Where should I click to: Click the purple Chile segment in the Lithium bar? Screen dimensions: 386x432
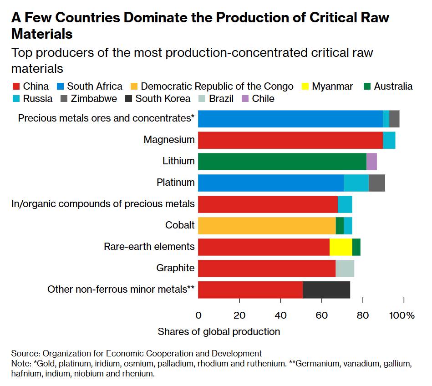371,162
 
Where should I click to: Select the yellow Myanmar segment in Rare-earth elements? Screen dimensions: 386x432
341,247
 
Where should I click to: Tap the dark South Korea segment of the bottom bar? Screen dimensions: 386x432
326,290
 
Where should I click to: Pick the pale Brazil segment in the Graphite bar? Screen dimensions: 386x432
345,269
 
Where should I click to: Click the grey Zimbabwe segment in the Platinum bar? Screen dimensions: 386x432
377,183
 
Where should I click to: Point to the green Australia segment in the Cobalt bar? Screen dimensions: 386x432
340,226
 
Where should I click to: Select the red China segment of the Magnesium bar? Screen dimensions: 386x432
290,140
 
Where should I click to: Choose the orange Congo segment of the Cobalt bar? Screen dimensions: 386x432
267,226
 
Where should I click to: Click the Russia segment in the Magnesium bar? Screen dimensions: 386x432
389,140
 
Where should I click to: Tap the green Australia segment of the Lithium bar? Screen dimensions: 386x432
282,162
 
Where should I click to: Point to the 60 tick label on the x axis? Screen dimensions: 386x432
322,315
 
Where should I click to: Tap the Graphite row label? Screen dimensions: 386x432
175,268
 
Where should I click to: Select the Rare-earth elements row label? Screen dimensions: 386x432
149,247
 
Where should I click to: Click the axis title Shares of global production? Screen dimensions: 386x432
219,331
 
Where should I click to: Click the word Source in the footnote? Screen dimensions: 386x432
25,353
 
